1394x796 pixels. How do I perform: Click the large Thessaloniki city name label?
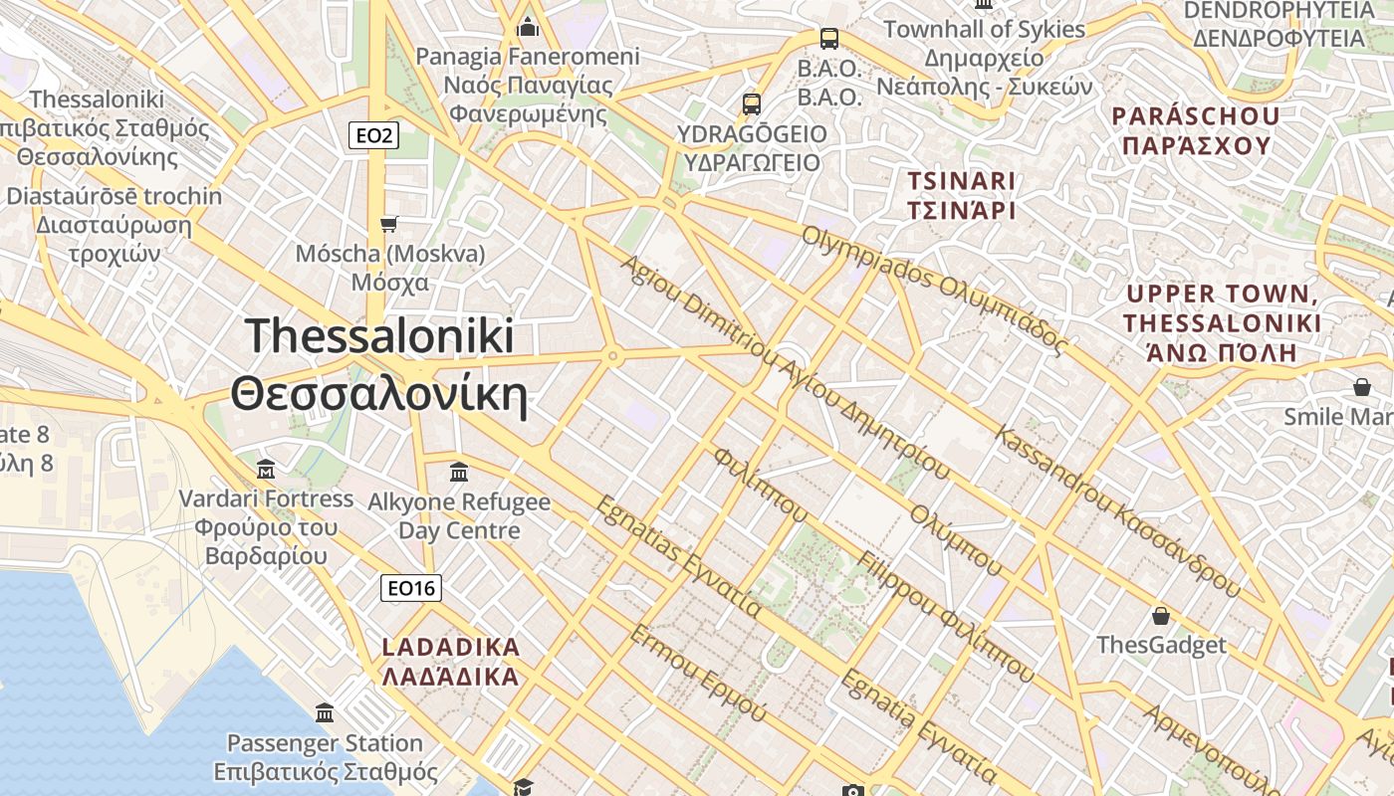[x=378, y=364]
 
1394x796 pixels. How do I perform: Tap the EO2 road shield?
[x=373, y=135]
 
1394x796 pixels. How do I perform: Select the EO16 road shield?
[x=411, y=588]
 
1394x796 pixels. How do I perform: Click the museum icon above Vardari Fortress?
[x=266, y=469]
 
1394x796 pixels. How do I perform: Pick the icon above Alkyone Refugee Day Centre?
[x=459, y=472]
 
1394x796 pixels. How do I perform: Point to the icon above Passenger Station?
[x=325, y=712]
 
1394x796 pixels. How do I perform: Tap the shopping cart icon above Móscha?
[x=389, y=224]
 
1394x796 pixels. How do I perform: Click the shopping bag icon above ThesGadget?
[x=1160, y=616]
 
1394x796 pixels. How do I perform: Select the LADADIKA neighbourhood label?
[x=451, y=662]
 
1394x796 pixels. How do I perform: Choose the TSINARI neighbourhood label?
[x=961, y=196]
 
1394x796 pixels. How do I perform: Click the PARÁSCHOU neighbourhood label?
[x=1196, y=130]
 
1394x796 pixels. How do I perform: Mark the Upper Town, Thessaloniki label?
[x=1222, y=322]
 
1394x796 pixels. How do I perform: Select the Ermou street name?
[x=698, y=673]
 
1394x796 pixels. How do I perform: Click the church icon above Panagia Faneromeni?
[x=528, y=27]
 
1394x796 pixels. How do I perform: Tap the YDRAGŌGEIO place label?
[x=752, y=147]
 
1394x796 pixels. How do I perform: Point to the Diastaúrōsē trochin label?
[x=114, y=224]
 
